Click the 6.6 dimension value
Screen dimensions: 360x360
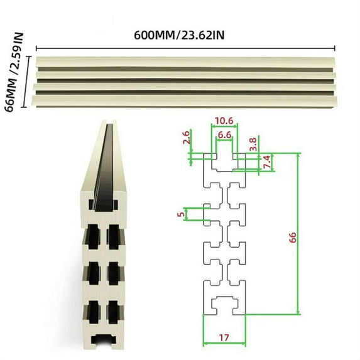point(224,134)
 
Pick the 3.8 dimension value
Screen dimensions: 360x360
point(253,144)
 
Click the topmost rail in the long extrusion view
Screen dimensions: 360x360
point(186,62)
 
